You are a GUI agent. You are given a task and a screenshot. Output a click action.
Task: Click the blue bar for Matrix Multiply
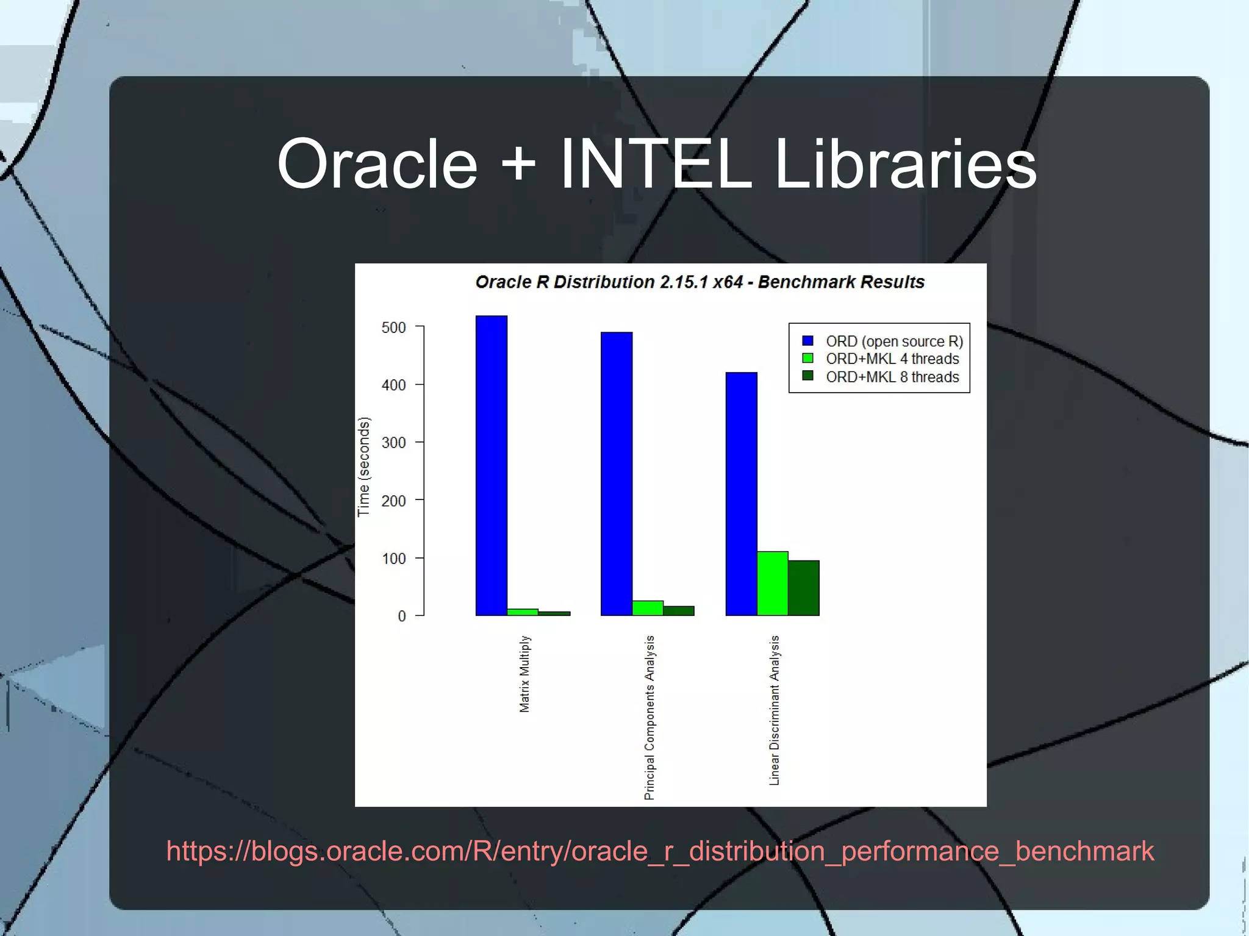tap(491, 465)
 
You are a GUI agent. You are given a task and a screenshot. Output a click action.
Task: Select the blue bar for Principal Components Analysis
tap(616, 474)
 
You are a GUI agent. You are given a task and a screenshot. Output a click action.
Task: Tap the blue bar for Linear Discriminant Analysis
tap(741, 493)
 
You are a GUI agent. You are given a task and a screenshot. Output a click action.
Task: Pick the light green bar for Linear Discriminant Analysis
tap(772, 584)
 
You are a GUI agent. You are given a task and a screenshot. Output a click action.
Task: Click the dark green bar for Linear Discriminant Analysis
tap(803, 588)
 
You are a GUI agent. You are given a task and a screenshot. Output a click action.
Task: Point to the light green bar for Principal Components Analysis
tap(647, 608)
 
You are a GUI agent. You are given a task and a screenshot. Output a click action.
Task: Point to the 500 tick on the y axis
tap(393, 327)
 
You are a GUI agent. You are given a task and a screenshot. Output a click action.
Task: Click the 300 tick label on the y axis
tap(393, 443)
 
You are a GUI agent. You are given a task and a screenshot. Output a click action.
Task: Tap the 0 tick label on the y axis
tap(401, 616)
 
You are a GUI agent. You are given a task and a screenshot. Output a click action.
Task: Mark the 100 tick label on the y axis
tap(393, 559)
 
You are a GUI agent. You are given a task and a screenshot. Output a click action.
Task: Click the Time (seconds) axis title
tap(363, 467)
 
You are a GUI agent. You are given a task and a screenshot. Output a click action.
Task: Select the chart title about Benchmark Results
tap(700, 282)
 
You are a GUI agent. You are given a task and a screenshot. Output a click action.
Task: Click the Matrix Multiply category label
tap(524, 674)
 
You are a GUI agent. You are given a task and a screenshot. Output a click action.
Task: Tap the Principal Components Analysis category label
tap(650, 717)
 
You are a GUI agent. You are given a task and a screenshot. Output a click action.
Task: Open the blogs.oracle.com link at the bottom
tap(660, 851)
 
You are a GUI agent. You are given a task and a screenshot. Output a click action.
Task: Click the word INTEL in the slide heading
tap(656, 164)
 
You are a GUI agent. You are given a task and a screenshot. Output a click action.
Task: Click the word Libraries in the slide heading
tap(905, 164)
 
